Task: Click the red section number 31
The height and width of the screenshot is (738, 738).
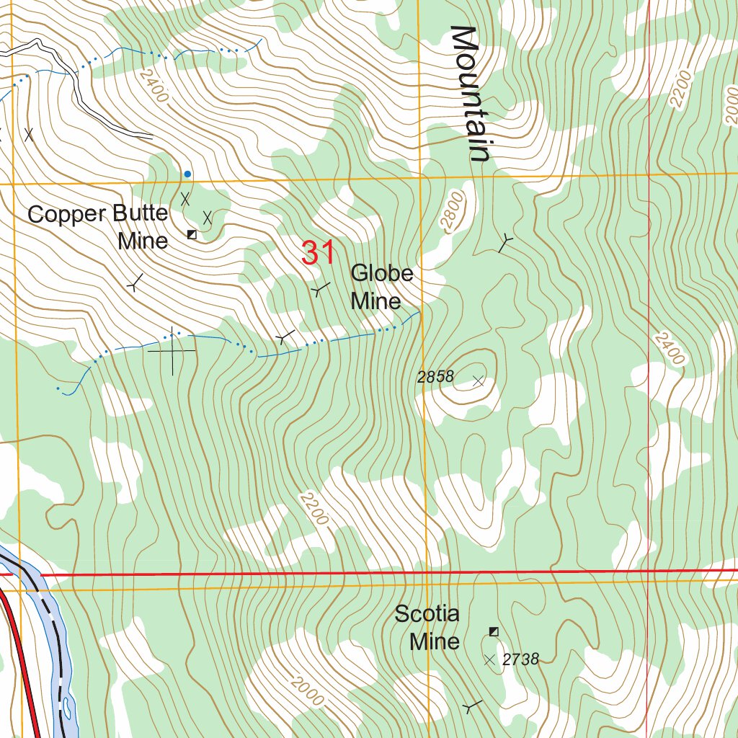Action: click(318, 253)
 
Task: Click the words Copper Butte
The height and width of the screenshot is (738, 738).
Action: click(97, 213)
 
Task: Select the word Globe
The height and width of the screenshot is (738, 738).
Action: click(382, 273)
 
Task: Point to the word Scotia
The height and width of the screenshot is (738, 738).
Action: click(427, 614)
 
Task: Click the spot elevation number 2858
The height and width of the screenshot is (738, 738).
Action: click(435, 376)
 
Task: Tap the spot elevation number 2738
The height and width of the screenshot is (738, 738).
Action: click(520, 659)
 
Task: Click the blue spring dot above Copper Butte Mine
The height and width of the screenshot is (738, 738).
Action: click(187, 174)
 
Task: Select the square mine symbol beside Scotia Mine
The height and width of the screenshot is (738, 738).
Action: click(494, 631)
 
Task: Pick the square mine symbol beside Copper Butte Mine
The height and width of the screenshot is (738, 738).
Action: click(192, 234)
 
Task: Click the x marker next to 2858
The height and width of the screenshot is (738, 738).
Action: click(477, 381)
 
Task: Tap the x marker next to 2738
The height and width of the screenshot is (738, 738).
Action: click(490, 659)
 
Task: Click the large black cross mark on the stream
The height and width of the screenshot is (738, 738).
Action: click(172, 351)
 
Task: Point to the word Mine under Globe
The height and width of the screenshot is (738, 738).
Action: click(375, 301)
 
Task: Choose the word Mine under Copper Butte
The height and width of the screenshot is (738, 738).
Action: click(143, 241)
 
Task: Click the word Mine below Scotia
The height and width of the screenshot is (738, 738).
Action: click(435, 641)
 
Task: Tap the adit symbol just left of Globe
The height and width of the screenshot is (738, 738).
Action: click(320, 289)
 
